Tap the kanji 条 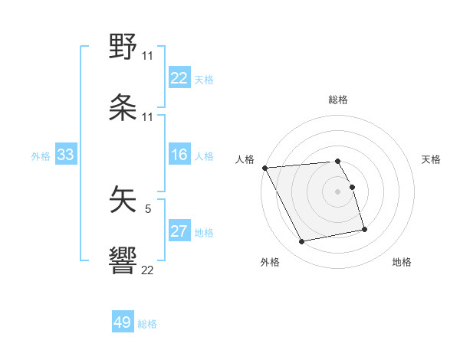point(123,109)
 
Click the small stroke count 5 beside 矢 point(148,208)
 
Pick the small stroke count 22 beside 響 point(147,270)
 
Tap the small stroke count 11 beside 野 point(147,56)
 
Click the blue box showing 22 point(179,78)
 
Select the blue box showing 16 point(179,155)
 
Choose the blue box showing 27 point(179,231)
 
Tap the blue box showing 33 point(65,155)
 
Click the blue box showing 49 point(123,322)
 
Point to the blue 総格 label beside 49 point(147,324)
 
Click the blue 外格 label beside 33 point(41,155)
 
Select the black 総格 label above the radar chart point(338,100)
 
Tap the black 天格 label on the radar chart point(432,159)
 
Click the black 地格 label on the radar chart point(402,262)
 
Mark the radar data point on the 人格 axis point(264,168)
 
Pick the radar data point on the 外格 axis point(302,242)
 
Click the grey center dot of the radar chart point(338,191)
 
